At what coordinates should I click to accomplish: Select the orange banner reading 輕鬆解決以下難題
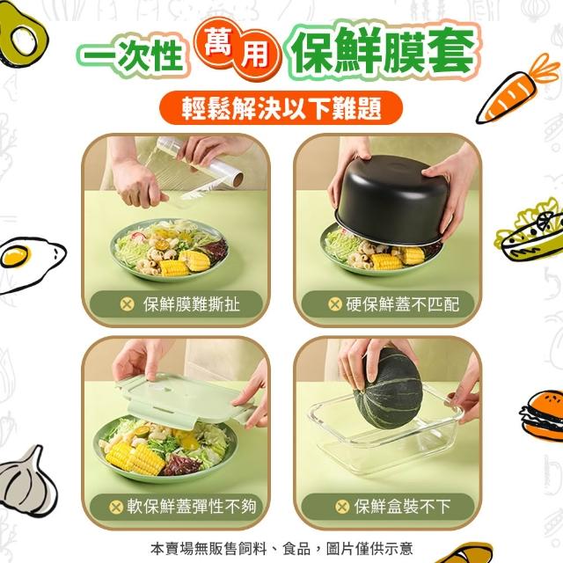coord(281,107)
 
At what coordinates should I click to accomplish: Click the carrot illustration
coord(517,90)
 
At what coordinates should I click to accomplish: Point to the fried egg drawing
coord(31,262)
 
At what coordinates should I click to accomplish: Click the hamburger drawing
coord(542,413)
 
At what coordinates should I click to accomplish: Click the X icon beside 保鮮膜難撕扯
coord(127,304)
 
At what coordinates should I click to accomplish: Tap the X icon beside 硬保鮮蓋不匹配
coord(335,304)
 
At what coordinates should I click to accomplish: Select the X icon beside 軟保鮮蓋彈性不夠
coord(116,507)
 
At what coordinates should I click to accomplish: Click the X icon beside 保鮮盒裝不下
coord(342,507)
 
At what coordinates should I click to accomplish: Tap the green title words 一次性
coord(133,56)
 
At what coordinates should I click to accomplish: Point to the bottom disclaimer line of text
coord(281,548)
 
